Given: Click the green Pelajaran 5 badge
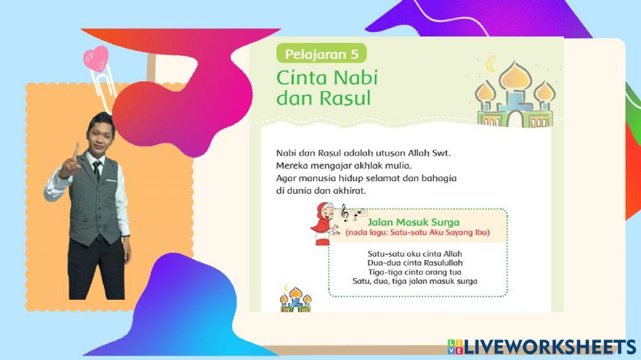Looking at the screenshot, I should [x=321, y=53].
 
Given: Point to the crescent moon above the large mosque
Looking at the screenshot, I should [x=492, y=63].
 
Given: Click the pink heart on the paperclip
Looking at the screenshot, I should [x=96, y=58].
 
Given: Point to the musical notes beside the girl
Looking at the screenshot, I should [x=349, y=211].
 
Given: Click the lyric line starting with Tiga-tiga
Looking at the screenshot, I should [x=415, y=272].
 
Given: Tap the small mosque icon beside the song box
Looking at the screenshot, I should [x=295, y=299].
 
